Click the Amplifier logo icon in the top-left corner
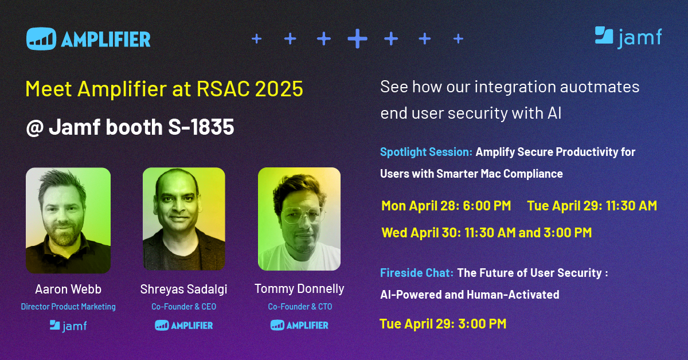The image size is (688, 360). pos(41,39)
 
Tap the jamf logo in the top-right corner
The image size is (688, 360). pos(628,37)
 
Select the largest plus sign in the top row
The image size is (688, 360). pos(357,39)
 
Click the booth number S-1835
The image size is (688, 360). pos(201,127)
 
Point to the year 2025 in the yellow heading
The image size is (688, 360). pos(279,89)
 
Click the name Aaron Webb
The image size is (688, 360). pos(68,289)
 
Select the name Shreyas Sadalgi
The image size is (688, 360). pos(183,289)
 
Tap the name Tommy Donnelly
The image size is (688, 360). pos(299,289)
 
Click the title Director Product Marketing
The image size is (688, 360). pos(68,307)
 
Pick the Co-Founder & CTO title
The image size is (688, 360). pos(300,307)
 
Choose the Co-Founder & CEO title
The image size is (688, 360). pos(183,307)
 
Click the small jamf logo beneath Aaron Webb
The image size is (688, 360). pos(68,326)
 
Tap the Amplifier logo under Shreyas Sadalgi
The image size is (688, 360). pos(183,325)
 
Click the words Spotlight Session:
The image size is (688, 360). pos(426,152)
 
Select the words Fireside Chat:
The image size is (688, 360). pos(416,273)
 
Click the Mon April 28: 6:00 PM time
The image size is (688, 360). pos(446,206)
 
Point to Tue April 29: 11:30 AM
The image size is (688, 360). pos(592,206)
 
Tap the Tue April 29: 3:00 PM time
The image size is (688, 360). pos(443,324)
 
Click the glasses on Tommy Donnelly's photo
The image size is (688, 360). pos(303,215)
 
